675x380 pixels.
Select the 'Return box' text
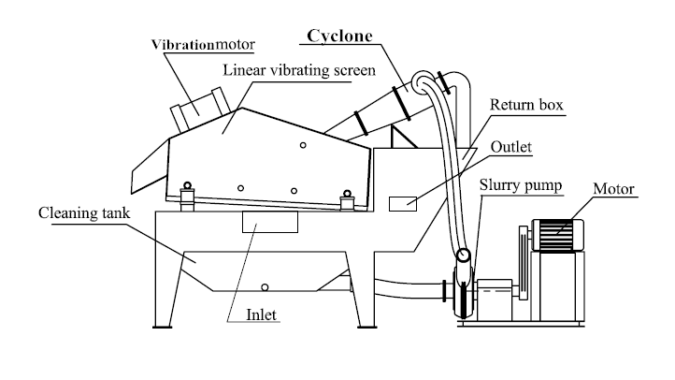coord(526,106)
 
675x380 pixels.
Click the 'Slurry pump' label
coord(522,184)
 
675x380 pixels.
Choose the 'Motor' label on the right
coord(614,190)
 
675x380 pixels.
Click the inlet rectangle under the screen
coord(269,222)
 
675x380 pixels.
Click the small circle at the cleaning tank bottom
coord(265,286)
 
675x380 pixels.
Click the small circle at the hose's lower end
coord(463,255)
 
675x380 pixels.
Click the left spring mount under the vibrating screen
coord(188,191)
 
